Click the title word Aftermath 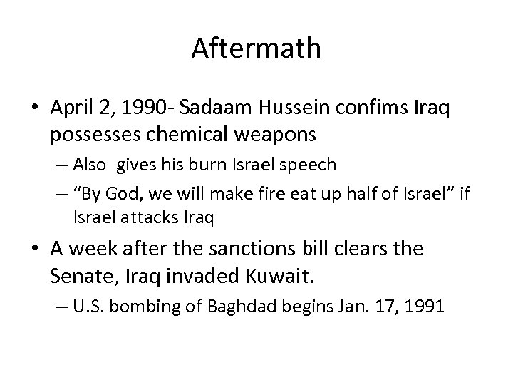tap(256, 48)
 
